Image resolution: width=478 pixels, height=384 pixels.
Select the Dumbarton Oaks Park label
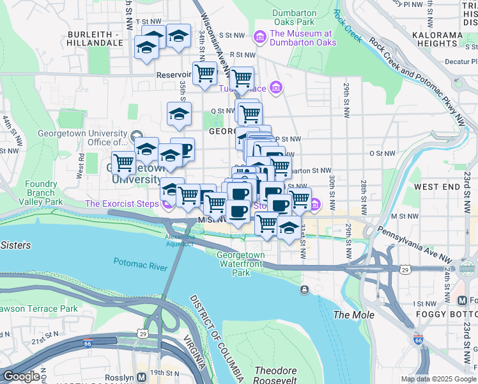point(294,18)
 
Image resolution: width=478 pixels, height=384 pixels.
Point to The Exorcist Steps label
point(123,204)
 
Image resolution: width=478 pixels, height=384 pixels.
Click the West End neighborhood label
point(438,186)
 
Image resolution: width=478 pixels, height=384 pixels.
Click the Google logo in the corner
point(20,376)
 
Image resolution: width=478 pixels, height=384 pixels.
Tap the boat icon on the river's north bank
point(304,289)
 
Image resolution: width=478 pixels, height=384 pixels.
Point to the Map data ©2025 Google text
point(438,379)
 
